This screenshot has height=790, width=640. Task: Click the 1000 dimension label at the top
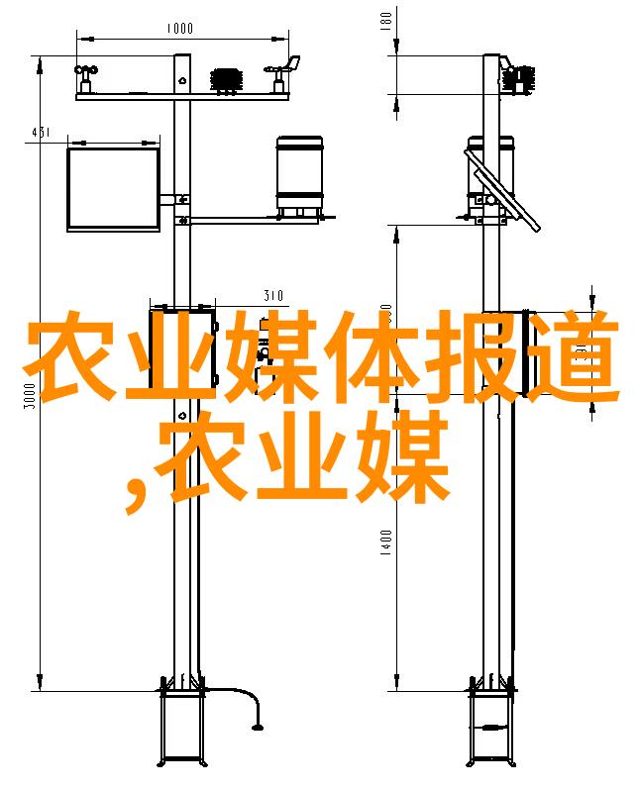pyautogui.click(x=179, y=28)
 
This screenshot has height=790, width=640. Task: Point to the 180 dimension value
pyautogui.click(x=385, y=20)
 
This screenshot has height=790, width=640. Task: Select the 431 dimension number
pyautogui.click(x=41, y=133)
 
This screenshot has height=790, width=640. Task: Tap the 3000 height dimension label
pyautogui.click(x=30, y=396)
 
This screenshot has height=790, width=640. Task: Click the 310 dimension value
pyautogui.click(x=273, y=295)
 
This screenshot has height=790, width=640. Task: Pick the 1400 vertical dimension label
pyautogui.click(x=385, y=543)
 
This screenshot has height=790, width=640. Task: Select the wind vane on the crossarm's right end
pyautogui.click(x=282, y=73)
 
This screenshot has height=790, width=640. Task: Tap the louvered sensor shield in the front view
pyautogui.click(x=227, y=80)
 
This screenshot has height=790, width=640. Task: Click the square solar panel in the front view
pyautogui.click(x=114, y=189)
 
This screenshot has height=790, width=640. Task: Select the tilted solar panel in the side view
pyautogui.click(x=502, y=190)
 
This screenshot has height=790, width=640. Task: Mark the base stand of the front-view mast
pyautogui.click(x=182, y=727)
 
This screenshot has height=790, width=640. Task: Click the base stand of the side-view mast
pyautogui.click(x=491, y=727)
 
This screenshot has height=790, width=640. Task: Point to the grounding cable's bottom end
pyautogui.click(x=258, y=727)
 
